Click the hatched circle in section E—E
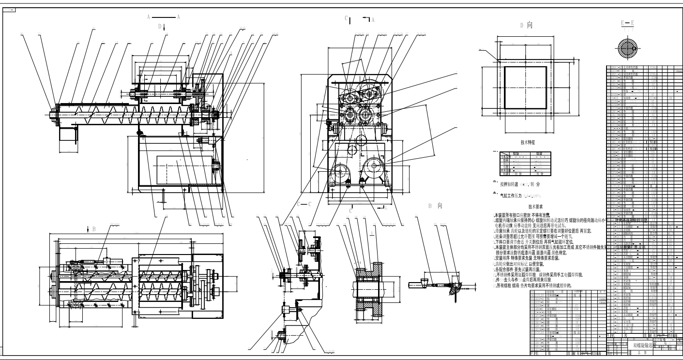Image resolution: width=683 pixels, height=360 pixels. [629, 49]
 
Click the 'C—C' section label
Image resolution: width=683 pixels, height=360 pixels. [305, 204]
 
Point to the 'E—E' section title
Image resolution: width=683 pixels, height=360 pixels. [628, 23]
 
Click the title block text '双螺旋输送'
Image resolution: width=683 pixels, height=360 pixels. [641, 345]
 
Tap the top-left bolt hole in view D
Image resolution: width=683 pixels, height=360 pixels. [499, 61]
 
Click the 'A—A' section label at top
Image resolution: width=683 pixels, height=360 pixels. [164, 16]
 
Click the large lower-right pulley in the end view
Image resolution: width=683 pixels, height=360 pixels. [374, 165]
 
